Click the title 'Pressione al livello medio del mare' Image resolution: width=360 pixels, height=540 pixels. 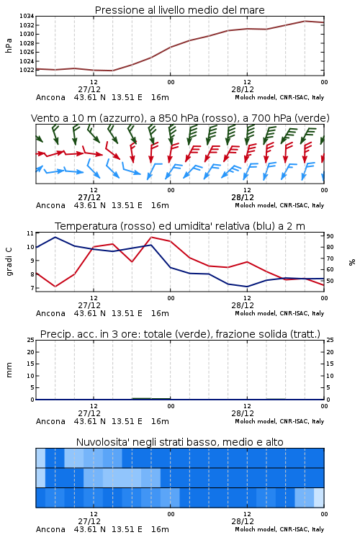[179, 10]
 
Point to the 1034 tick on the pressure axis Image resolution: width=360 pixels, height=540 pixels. [27, 16]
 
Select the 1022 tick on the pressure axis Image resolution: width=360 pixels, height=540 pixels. [27, 70]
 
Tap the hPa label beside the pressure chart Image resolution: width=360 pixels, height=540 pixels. [9, 45]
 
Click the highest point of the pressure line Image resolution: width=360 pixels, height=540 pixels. [305, 21]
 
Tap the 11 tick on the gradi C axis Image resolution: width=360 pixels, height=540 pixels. [30, 233]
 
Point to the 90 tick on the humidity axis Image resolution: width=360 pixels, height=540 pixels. [330, 236]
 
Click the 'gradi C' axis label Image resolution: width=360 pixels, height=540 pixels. [9, 261]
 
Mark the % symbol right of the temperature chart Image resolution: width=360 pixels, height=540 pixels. [352, 262]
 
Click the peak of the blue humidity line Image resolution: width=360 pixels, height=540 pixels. [55, 237]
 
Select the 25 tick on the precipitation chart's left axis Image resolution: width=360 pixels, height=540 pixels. [30, 340]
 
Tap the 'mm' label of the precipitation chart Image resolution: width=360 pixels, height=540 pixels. [9, 370]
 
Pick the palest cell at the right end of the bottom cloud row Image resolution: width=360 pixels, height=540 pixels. [319, 498]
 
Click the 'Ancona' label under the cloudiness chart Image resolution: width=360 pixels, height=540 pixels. [50, 529]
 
